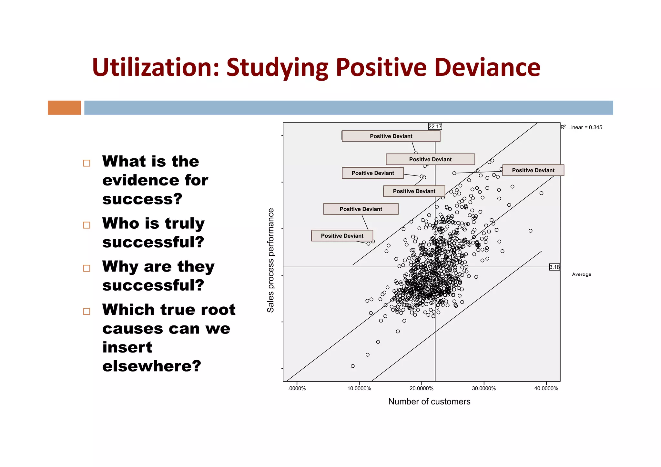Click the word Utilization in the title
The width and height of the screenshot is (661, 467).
[x=155, y=67]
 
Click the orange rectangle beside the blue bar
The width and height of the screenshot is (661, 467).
[x=64, y=107]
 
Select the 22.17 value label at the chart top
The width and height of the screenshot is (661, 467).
[x=435, y=126]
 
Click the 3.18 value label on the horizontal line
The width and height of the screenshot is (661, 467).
[x=554, y=267]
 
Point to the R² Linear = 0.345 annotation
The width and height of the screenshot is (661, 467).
[x=581, y=127]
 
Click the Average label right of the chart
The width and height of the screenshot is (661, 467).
[x=581, y=274]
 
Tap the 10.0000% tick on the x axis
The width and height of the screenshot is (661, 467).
[x=359, y=388]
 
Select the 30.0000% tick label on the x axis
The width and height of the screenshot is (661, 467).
[x=483, y=388]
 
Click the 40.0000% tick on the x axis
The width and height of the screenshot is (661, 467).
[x=546, y=388]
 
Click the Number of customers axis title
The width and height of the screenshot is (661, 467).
[x=429, y=402]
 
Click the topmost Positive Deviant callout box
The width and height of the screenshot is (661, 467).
[x=391, y=136]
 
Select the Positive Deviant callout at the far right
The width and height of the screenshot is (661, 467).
[x=533, y=170]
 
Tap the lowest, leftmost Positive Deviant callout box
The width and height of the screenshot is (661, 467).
[x=342, y=236]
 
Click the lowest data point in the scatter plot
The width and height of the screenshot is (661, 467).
[x=353, y=366]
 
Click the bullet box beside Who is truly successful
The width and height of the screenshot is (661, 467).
[x=86, y=225]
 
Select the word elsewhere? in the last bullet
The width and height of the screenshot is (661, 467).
[x=152, y=366]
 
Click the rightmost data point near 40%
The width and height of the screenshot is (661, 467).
[x=541, y=193]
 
